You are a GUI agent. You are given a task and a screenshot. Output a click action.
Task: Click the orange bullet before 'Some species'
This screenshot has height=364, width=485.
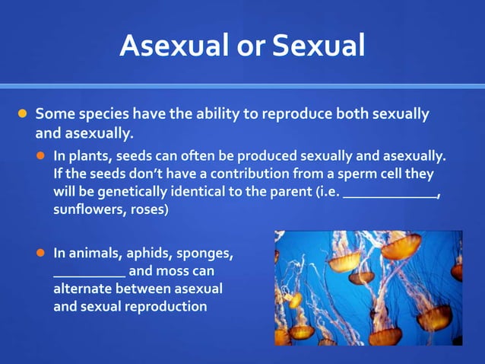tap(23, 115)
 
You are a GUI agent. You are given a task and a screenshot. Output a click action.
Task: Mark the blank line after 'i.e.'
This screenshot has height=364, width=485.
tap(390, 195)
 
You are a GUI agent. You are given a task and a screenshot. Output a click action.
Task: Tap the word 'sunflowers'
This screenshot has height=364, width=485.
tap(84, 209)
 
